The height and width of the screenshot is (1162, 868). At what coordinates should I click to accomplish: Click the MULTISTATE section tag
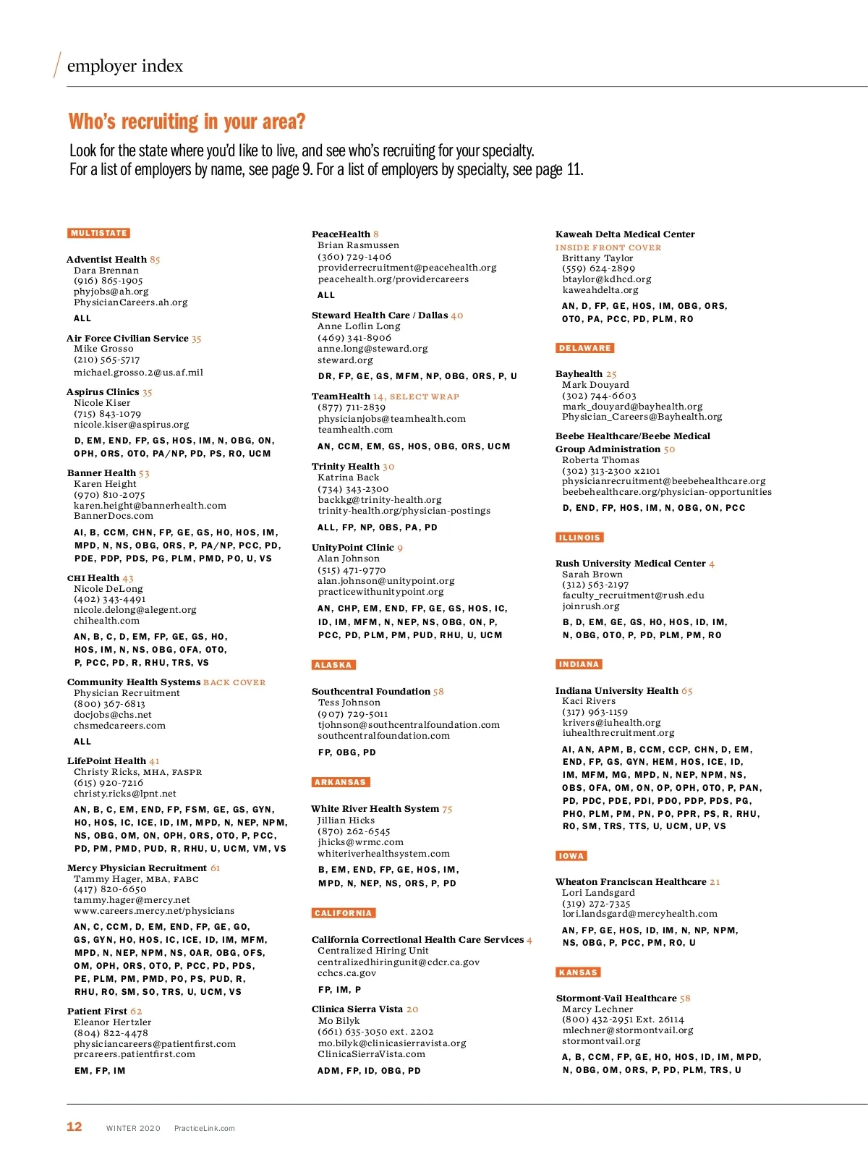tap(99, 233)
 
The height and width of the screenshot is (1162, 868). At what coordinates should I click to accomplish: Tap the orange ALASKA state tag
tap(333, 665)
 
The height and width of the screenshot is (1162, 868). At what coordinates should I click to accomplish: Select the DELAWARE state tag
tap(585, 348)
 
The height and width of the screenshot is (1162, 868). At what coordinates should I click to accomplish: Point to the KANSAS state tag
tap(578, 972)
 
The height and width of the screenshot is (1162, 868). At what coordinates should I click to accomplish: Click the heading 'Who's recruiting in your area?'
tap(187, 122)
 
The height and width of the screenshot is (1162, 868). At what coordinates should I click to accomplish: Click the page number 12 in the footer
tap(75, 1127)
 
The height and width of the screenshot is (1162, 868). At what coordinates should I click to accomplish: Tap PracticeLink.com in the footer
tap(205, 1128)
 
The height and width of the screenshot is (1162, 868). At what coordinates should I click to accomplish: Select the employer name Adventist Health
tap(106, 260)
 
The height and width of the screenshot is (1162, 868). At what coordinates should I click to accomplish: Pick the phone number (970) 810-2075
tap(109, 495)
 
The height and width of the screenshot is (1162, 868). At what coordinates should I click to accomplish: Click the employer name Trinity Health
tap(346, 467)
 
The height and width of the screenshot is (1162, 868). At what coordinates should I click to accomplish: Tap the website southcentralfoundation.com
tap(383, 736)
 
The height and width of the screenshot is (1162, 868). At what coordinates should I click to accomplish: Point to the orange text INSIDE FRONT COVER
tap(608, 247)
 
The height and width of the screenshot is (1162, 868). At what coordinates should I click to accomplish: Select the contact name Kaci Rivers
tap(589, 701)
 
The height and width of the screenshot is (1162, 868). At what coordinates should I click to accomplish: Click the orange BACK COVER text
tap(234, 682)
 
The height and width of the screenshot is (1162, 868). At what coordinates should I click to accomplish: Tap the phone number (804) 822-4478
tap(111, 1033)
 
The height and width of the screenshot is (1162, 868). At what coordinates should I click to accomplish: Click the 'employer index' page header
tap(124, 66)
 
